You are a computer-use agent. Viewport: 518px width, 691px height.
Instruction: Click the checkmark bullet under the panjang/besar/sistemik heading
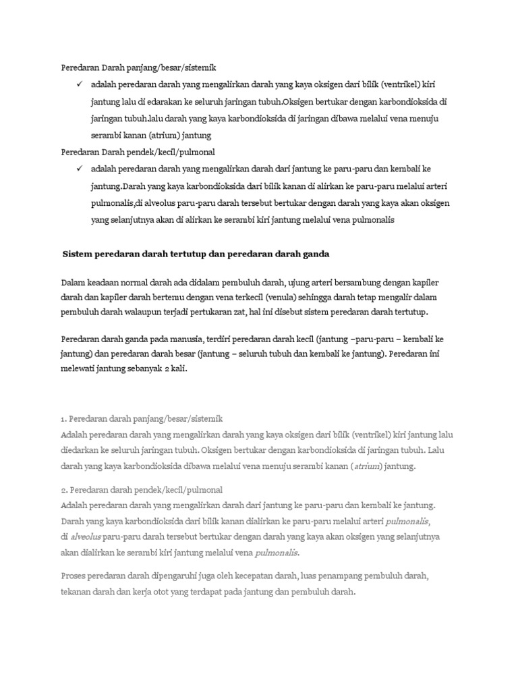point(79,86)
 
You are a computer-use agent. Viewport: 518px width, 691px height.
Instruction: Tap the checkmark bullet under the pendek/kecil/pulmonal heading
point(79,168)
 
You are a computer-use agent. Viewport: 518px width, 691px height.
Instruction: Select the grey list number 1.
point(63,418)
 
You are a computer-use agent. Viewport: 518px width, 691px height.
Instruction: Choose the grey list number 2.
point(63,489)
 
